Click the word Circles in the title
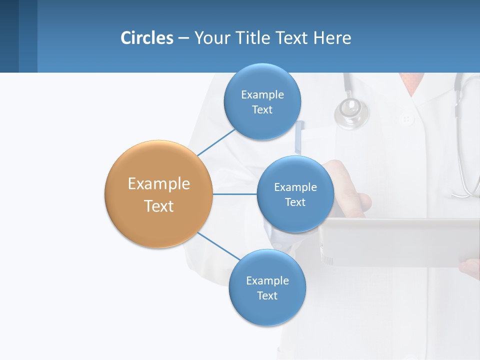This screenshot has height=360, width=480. [147, 38]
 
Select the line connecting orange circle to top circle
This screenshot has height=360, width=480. [216, 142]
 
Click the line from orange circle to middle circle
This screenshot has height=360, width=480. [234, 194]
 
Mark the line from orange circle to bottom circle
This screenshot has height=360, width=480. [218, 245]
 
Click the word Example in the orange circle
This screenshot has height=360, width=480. [159, 184]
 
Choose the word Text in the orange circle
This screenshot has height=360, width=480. [159, 206]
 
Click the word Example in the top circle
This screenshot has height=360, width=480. [262, 94]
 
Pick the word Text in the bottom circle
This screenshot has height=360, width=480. [267, 296]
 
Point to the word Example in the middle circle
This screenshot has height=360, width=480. [295, 187]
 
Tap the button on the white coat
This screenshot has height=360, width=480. [406, 119]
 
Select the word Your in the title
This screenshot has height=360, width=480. [210, 38]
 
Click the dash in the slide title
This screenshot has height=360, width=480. [183, 38]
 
